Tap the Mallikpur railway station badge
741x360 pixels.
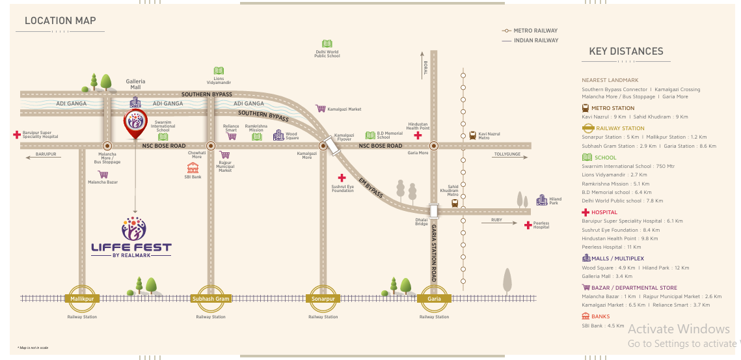click(83, 299)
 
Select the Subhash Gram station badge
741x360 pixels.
click(211, 299)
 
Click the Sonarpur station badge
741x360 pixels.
click(323, 299)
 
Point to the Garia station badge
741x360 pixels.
click(434, 299)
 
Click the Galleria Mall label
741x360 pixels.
click(135, 84)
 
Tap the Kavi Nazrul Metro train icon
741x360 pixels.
click(472, 136)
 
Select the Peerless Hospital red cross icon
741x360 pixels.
click(527, 225)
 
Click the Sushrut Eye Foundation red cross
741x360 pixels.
click(341, 178)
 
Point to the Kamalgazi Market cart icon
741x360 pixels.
click(320, 109)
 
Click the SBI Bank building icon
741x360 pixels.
click(192, 167)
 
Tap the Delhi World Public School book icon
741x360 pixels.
click(327, 44)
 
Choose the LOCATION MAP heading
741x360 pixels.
click(61, 21)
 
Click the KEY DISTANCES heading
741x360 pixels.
click(626, 51)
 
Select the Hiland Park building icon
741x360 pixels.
click(541, 200)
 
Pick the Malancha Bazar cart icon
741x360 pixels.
click(103, 174)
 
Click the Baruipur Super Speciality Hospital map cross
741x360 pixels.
click(16, 135)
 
